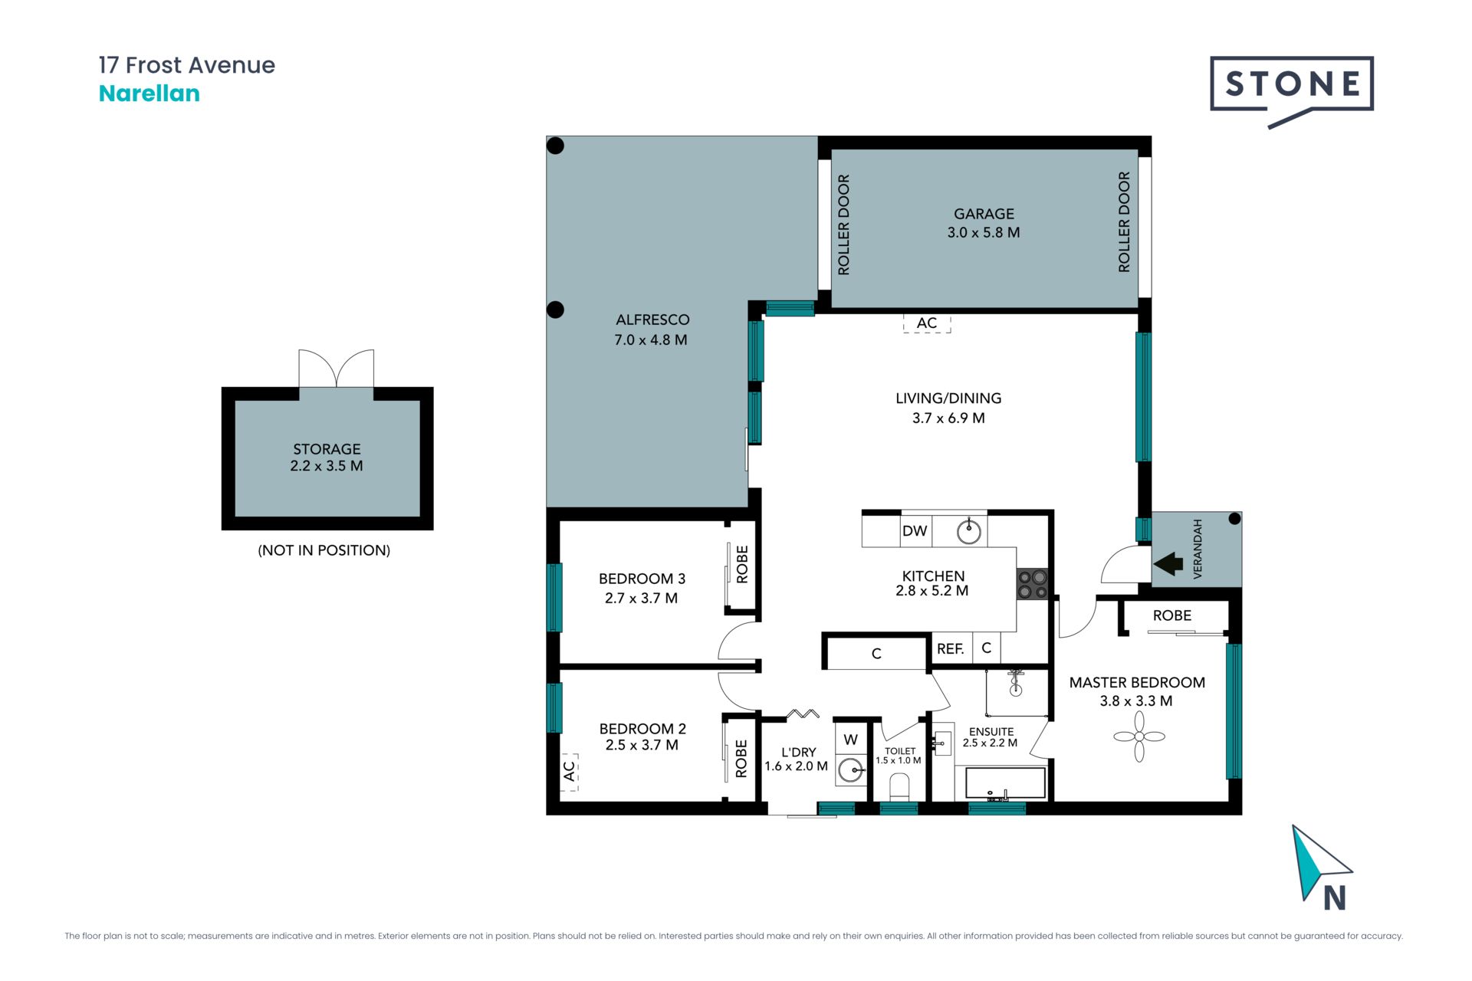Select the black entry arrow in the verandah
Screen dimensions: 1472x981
[1168, 564]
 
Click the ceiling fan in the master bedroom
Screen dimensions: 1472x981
[1139, 737]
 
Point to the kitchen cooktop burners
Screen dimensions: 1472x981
[1032, 584]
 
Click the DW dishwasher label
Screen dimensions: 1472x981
[915, 531]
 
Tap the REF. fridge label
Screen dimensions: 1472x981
[951, 649]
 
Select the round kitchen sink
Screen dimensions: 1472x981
[970, 530]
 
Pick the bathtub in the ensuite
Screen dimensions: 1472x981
[1005, 784]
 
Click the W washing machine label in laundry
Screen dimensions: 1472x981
[850, 740]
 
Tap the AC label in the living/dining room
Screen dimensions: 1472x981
[927, 323]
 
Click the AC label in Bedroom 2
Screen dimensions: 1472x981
[569, 771]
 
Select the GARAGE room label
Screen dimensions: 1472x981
[984, 214]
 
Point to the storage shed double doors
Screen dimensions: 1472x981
[336, 369]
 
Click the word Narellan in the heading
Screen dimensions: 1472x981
[149, 94]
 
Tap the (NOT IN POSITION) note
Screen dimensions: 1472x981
[324, 550]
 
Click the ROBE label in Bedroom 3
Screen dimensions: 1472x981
[742, 564]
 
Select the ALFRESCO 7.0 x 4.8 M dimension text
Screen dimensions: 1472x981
[651, 340]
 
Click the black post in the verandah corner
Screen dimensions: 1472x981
[1234, 519]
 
